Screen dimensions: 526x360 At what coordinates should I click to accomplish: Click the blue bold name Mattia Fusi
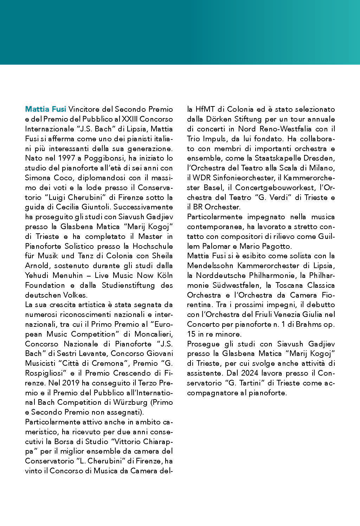(46, 109)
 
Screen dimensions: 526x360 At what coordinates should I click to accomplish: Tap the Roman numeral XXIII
(130, 119)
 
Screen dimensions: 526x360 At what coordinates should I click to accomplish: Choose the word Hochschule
(153, 246)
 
